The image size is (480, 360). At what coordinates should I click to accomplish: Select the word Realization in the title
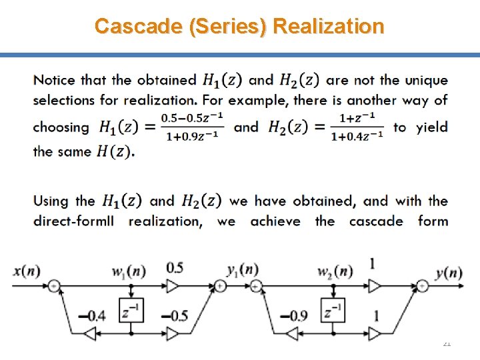(x=329, y=26)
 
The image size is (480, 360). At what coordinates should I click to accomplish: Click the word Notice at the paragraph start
(x=55, y=81)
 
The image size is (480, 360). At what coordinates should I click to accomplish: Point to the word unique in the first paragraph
(x=424, y=81)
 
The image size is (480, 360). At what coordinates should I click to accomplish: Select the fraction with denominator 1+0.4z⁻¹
(x=357, y=127)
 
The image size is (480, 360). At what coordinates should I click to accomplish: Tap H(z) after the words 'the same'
(x=114, y=151)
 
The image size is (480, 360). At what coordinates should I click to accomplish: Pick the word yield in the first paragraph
(x=432, y=127)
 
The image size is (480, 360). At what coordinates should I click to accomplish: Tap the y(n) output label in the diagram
(x=448, y=272)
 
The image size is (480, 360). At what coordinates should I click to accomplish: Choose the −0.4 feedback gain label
(x=92, y=315)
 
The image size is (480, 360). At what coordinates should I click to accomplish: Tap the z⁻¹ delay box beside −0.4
(x=131, y=311)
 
